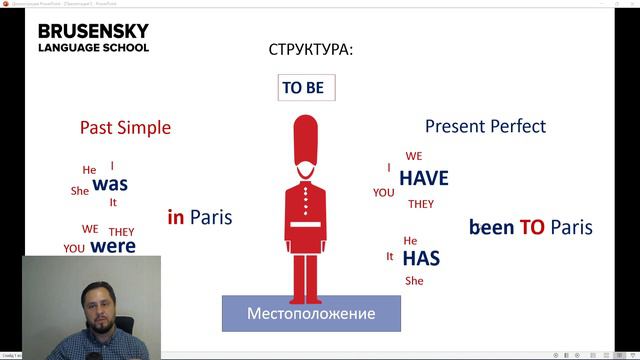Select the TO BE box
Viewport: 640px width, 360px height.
point(303,88)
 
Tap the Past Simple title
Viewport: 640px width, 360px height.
point(125,128)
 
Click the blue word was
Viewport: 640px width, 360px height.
point(110,184)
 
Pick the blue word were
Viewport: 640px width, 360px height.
point(112,245)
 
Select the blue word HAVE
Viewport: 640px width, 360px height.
point(423,179)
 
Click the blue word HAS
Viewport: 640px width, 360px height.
point(421,258)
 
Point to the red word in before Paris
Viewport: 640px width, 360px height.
point(175,217)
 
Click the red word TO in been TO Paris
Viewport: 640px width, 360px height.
point(531,227)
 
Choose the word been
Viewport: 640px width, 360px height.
point(491,227)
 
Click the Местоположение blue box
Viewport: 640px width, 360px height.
point(311,314)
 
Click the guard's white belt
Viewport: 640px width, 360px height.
point(306,224)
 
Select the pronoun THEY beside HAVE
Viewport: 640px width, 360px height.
point(421,204)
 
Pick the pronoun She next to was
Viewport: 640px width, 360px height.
point(80,191)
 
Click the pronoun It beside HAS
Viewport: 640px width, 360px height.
point(390,256)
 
